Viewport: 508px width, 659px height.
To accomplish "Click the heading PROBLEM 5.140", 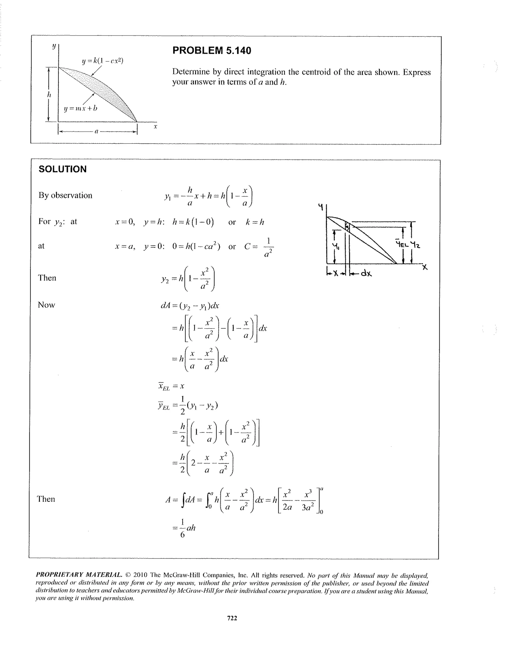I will point(211,50).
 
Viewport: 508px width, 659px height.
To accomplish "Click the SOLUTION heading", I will point(63,169).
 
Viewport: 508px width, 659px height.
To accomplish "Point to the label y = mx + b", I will point(81,108).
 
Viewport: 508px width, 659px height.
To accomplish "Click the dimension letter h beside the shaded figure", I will point(49,94).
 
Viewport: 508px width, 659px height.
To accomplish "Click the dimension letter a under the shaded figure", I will point(96,132).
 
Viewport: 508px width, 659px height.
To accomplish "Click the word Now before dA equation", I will point(46,305).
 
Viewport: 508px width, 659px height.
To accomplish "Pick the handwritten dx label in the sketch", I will point(366,273).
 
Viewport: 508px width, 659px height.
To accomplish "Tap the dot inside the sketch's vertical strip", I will point(347,226).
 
